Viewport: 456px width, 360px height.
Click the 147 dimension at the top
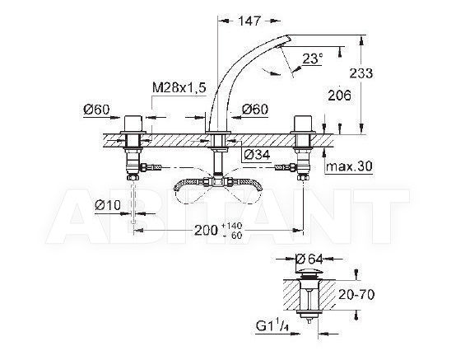[249, 21]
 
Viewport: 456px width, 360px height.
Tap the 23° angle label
[312, 58]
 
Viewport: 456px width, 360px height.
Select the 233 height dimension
[361, 73]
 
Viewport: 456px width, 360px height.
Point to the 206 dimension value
[339, 96]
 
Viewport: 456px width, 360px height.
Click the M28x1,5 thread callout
[179, 87]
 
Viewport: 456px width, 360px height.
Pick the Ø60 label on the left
[96, 110]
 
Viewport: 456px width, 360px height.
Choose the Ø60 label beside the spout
[255, 110]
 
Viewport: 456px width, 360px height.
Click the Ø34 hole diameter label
[257, 155]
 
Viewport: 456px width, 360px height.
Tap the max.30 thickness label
[349, 166]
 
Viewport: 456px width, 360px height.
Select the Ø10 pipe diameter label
[108, 205]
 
